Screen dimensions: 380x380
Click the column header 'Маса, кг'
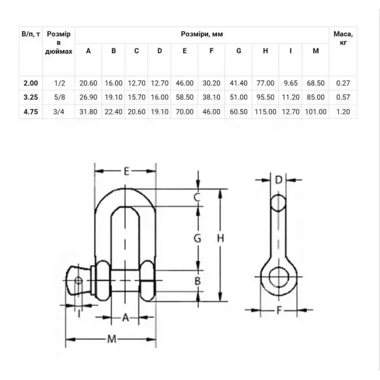[343, 38]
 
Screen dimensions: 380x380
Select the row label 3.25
[30, 98]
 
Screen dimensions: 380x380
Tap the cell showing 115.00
[265, 112]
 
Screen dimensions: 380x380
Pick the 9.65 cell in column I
[291, 83]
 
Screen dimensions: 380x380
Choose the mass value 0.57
[343, 98]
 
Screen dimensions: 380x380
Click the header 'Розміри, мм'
[202, 34]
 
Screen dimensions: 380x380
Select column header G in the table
[238, 51]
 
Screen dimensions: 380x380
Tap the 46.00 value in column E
[185, 83]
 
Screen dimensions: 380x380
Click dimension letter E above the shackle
[125, 172]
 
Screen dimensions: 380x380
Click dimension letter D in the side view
[278, 180]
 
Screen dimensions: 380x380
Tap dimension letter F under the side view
[278, 312]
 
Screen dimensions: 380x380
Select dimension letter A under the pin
[124, 318]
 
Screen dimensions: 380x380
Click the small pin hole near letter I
[78, 281]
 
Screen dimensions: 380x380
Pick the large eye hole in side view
[278, 275]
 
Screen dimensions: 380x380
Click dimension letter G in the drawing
[198, 238]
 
